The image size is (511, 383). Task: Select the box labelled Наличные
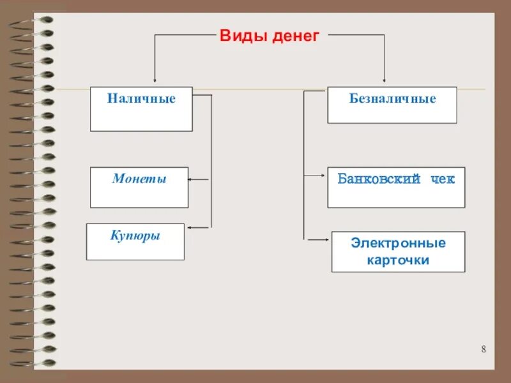(141, 109)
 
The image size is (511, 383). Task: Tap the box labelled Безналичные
(392, 105)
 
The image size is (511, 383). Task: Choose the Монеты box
(139, 187)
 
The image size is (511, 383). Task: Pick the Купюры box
(135, 241)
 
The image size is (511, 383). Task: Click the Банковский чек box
(396, 187)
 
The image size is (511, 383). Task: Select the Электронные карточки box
(398, 252)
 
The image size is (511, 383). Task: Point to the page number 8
(484, 349)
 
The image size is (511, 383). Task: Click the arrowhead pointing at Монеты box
(191, 179)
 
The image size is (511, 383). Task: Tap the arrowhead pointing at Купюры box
(187, 227)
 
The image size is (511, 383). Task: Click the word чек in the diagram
(442, 179)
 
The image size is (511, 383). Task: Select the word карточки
(398, 260)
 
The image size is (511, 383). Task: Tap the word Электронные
(398, 243)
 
